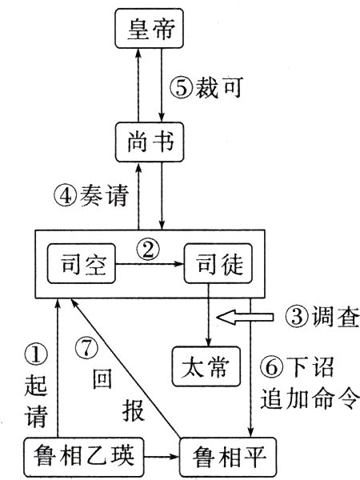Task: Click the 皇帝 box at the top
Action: point(150,33)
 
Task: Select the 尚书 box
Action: point(150,144)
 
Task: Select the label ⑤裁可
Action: point(210,87)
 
